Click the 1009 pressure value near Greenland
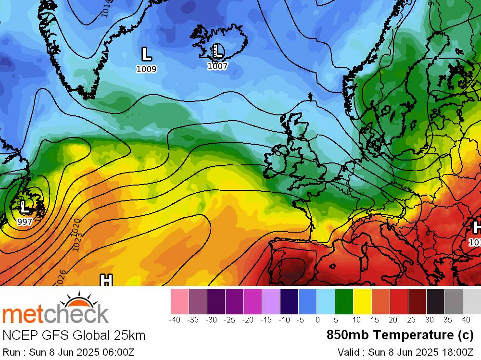(146, 69)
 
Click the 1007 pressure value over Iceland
(217, 66)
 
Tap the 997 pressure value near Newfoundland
(25, 222)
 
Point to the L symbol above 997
(25, 208)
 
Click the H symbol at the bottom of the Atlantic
(106, 280)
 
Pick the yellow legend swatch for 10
(363, 301)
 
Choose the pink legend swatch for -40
(180, 301)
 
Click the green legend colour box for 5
(344, 301)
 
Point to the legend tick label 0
(317, 320)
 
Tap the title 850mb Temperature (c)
(400, 335)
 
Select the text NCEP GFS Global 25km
(74, 335)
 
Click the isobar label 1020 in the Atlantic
(74, 227)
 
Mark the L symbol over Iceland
(217, 50)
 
